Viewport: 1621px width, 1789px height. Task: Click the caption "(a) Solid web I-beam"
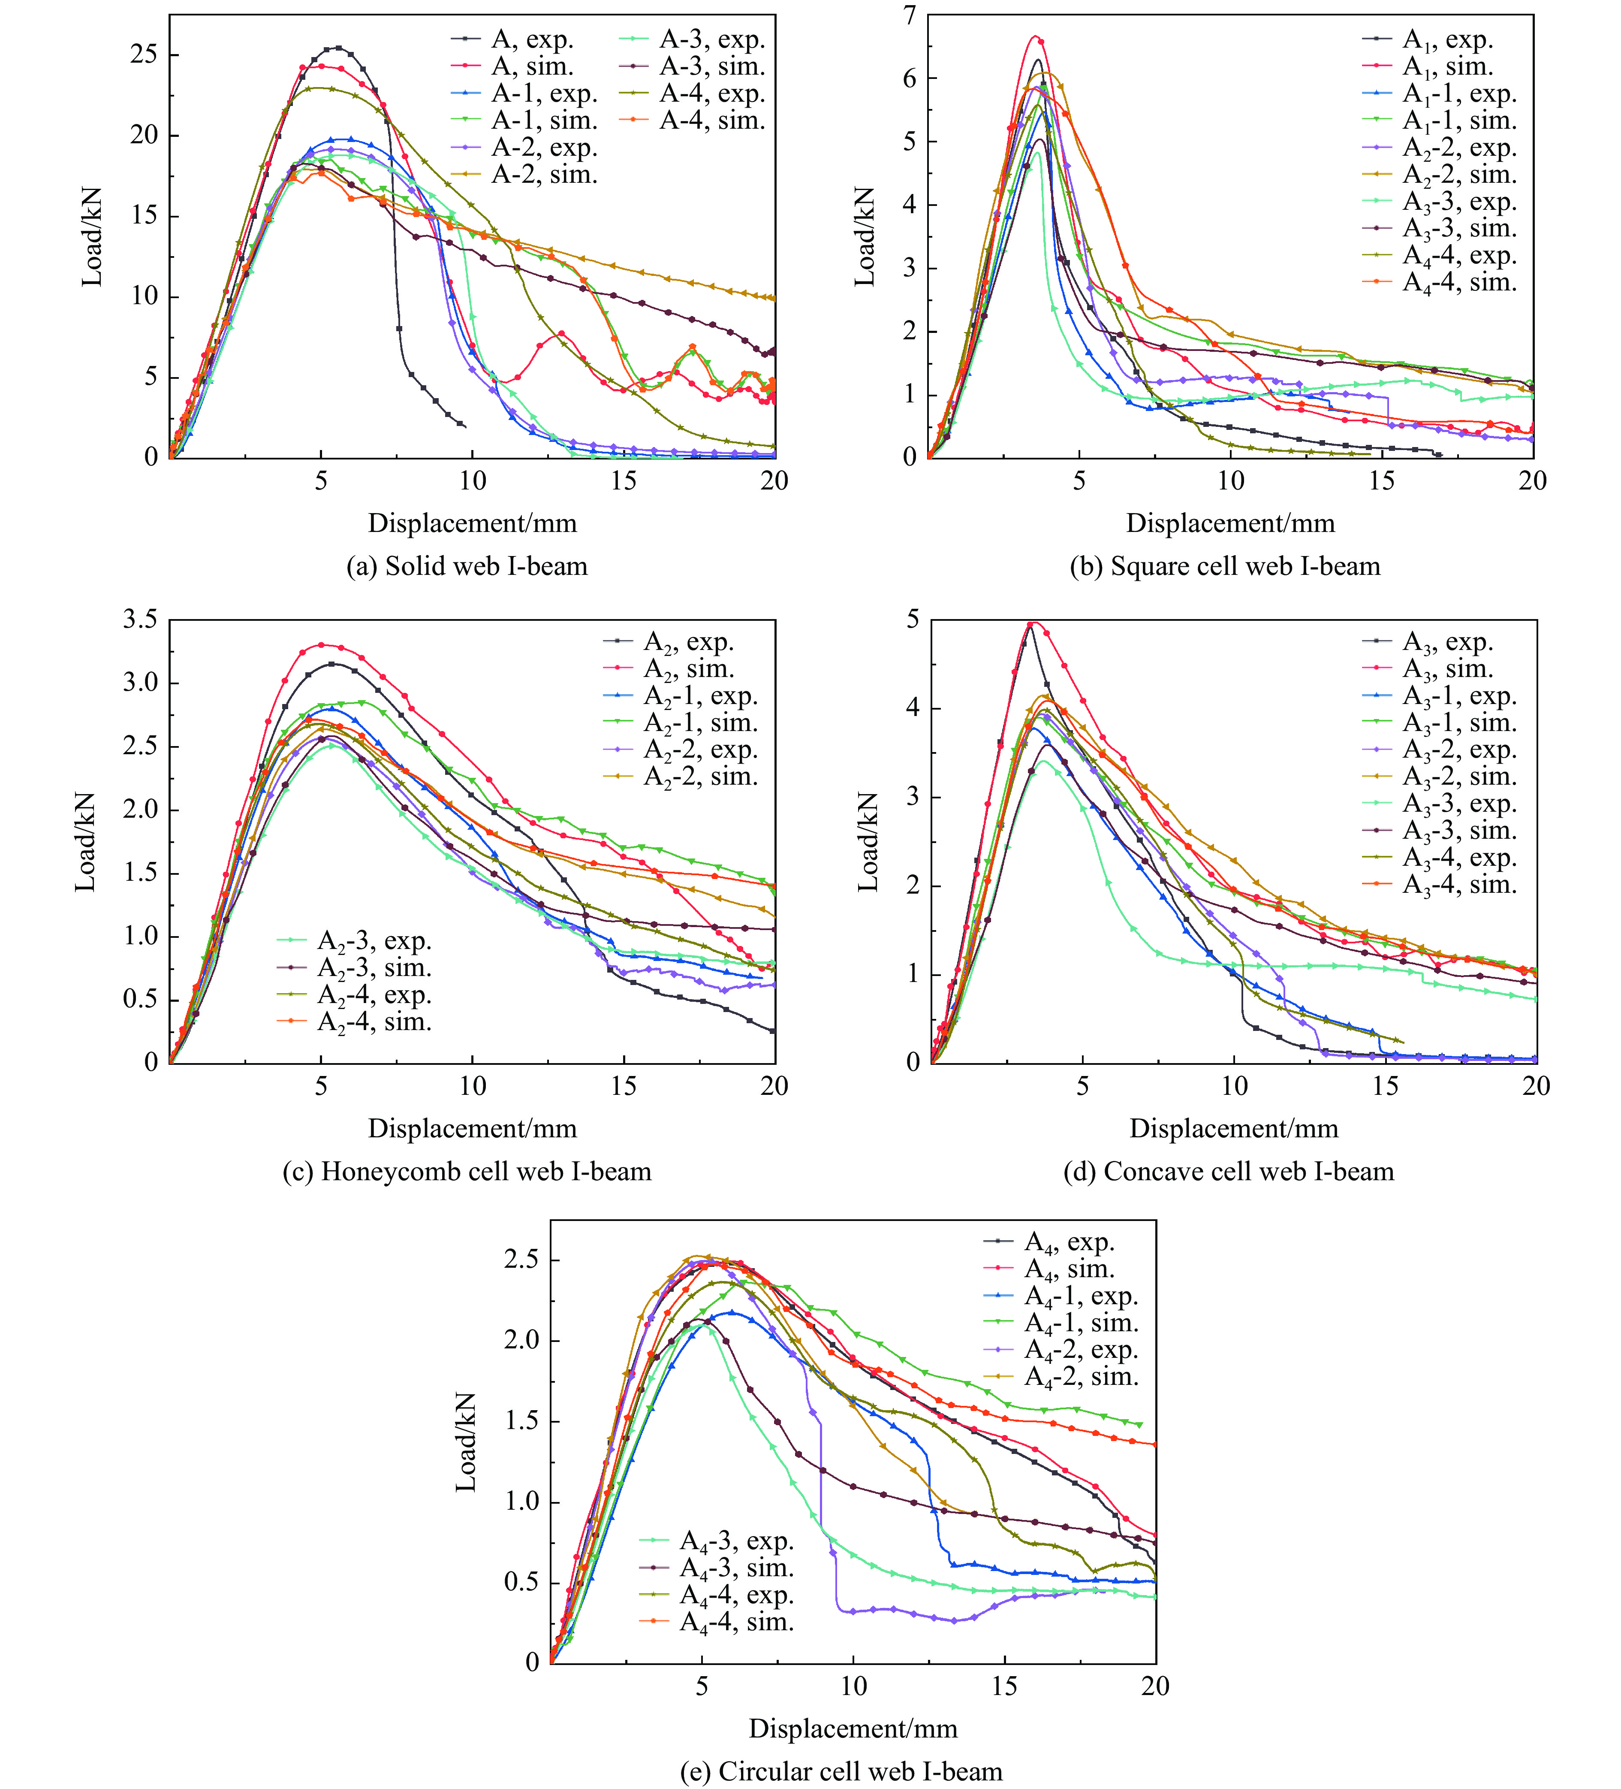pyautogui.click(x=467, y=566)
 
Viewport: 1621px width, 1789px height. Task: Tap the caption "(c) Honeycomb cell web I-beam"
pyautogui.click(x=467, y=1171)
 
